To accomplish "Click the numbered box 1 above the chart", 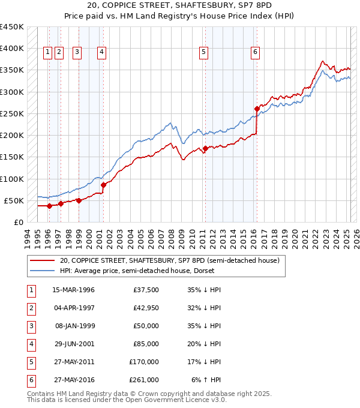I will click(x=47, y=52).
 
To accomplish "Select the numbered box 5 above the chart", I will click(x=204, y=52).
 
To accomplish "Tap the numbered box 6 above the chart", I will click(x=256, y=52).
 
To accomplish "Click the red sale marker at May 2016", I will click(x=257, y=109).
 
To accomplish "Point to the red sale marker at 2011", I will click(x=205, y=148).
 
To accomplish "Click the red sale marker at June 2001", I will click(x=103, y=185).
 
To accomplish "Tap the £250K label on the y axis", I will click(x=12, y=113).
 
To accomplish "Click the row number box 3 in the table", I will click(x=31, y=327).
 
